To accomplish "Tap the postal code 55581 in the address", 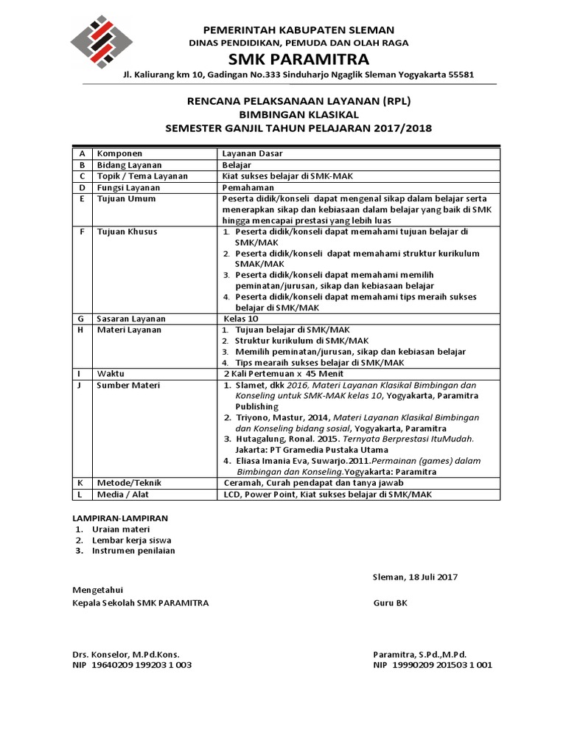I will click(x=460, y=75).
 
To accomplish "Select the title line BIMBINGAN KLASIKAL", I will click(x=298, y=114).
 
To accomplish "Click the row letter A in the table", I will click(x=83, y=153).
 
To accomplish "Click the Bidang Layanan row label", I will click(x=130, y=165).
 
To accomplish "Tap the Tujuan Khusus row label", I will click(x=127, y=232).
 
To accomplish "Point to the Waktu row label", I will click(x=111, y=374).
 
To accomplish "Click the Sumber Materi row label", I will click(x=129, y=385).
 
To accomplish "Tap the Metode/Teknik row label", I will click(x=130, y=483).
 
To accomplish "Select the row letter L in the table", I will click(x=83, y=494).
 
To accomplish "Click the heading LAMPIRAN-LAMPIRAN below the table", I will click(x=120, y=518).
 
